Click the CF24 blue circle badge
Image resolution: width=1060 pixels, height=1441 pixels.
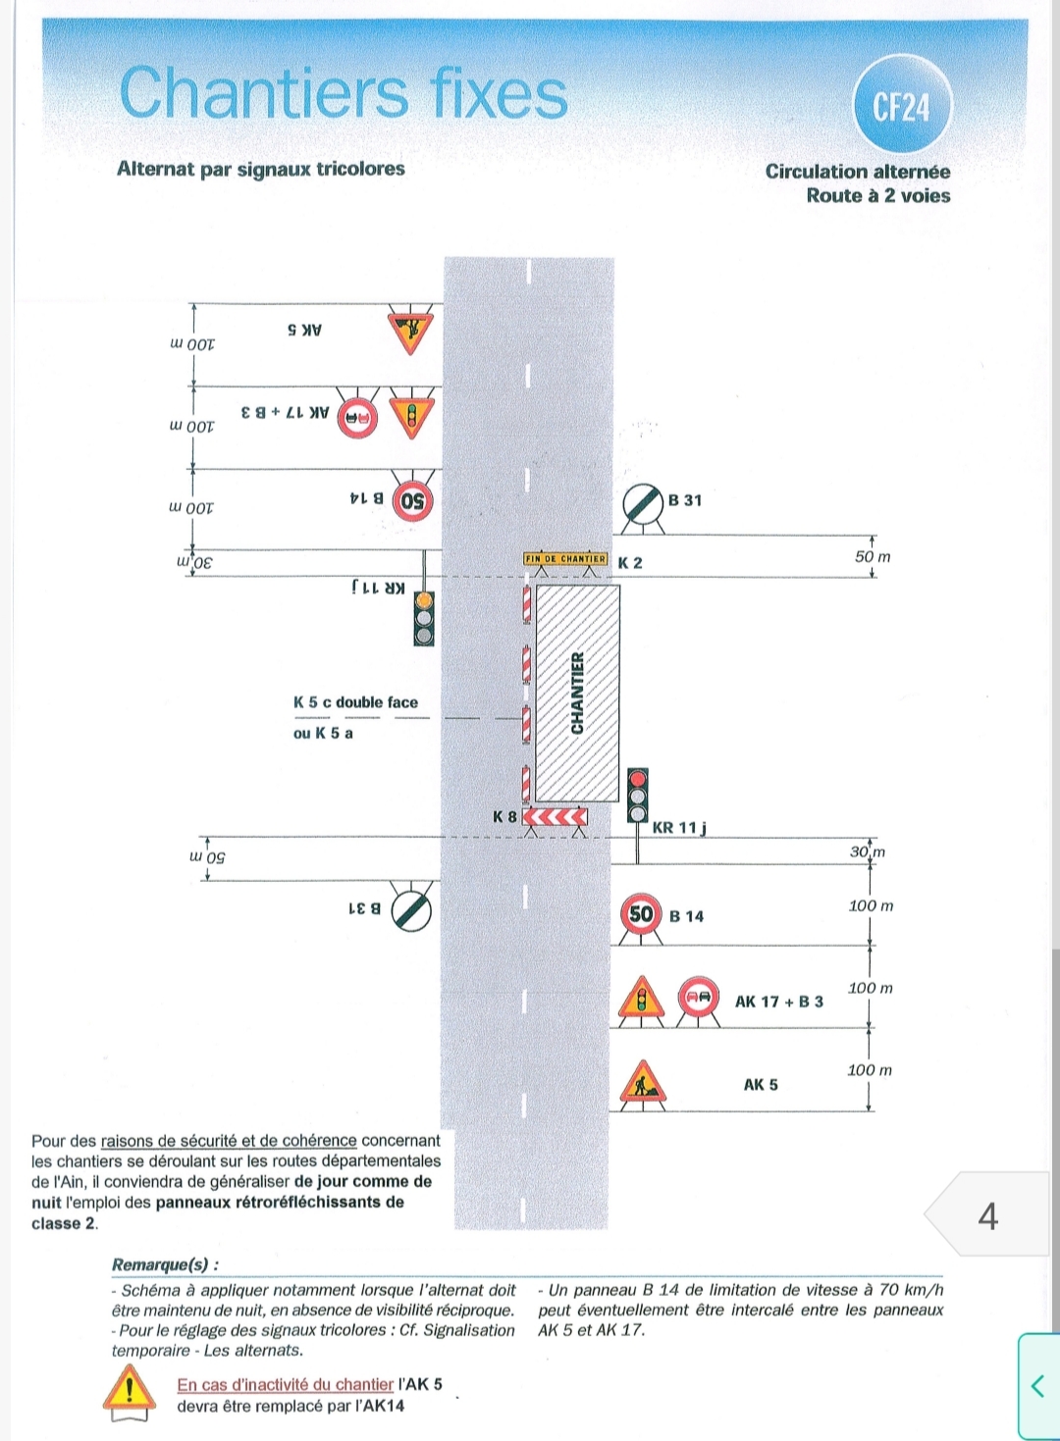(x=901, y=106)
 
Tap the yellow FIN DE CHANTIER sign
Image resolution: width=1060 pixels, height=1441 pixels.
(x=565, y=558)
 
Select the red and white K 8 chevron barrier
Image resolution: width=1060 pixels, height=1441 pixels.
(x=555, y=817)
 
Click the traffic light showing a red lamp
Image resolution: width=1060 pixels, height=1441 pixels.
(x=638, y=796)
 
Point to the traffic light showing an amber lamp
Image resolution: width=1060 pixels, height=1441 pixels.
(x=423, y=619)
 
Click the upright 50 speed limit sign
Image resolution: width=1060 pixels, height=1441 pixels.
(x=641, y=914)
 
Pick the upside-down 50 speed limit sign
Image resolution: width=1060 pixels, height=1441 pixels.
(x=413, y=500)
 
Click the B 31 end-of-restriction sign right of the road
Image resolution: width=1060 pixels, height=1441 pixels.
(x=644, y=505)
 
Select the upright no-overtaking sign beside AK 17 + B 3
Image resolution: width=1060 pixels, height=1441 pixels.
(x=699, y=997)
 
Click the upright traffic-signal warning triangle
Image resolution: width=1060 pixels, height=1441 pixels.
(x=641, y=998)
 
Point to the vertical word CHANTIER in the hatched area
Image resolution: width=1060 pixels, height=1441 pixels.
(x=577, y=693)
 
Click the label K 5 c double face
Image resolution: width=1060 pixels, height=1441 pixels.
(x=356, y=701)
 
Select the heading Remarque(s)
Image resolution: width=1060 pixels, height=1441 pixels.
(x=165, y=1264)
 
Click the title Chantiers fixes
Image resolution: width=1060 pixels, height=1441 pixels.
(x=344, y=92)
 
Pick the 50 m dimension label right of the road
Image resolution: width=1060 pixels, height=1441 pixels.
(x=873, y=556)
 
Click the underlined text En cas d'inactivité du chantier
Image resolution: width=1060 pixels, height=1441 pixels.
(x=285, y=1384)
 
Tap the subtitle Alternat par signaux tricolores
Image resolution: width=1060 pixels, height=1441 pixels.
(x=261, y=169)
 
